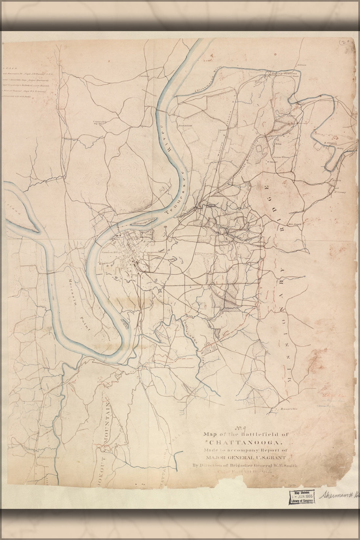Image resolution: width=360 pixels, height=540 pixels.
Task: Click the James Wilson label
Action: coord(281,157)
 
